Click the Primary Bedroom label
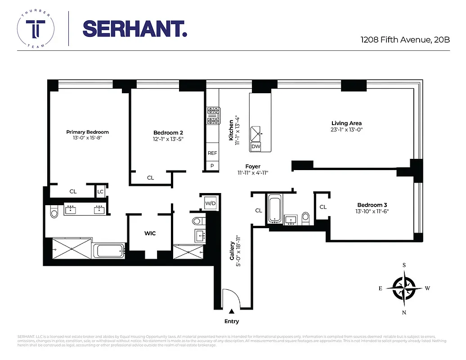click(x=87, y=132)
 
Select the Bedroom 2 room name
click(x=168, y=132)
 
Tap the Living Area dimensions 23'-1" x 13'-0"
click(x=346, y=130)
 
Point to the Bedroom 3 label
click(x=372, y=205)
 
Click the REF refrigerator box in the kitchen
click(x=212, y=153)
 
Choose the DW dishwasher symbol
click(x=256, y=147)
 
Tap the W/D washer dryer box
click(x=210, y=203)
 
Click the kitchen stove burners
click(x=213, y=115)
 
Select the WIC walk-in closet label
click(x=150, y=233)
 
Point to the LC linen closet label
click(x=100, y=191)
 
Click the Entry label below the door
click(x=232, y=321)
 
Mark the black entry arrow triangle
click(x=232, y=311)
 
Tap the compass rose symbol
click(x=404, y=288)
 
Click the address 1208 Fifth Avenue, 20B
click(x=405, y=40)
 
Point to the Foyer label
click(x=253, y=166)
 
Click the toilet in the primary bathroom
click(x=54, y=211)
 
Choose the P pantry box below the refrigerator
click(x=212, y=166)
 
